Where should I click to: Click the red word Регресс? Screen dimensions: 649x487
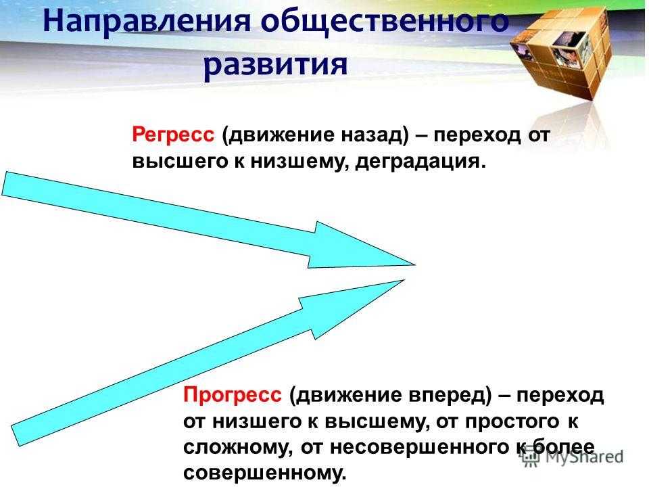point(174,135)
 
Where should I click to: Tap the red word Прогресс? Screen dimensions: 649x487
point(232,394)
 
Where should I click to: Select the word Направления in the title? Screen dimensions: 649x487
point(147,22)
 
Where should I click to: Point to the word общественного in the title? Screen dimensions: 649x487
point(385,21)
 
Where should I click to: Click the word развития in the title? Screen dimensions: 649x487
point(275,64)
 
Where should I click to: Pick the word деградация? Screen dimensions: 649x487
point(420,161)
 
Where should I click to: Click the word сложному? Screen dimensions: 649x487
point(235,448)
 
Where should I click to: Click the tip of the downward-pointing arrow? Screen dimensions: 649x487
point(414,264)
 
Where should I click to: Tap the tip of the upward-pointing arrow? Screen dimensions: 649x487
point(404,280)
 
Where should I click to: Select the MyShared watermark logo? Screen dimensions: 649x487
point(572,457)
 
